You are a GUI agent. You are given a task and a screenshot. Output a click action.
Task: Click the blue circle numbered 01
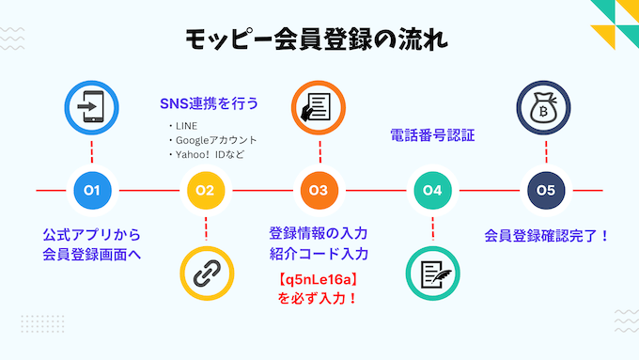click(x=92, y=191)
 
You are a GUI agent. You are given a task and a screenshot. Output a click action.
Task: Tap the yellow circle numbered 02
click(x=205, y=191)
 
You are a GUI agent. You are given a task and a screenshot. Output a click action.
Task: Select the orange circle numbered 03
click(x=319, y=191)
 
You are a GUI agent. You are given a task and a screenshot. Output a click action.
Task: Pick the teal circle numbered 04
click(x=432, y=191)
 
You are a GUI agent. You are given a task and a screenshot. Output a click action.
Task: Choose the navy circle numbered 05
click(x=546, y=191)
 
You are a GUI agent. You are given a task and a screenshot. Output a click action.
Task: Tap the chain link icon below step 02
click(x=205, y=274)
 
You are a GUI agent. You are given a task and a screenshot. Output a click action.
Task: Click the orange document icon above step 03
click(x=319, y=108)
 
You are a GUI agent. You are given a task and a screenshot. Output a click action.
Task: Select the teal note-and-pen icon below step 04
click(x=432, y=274)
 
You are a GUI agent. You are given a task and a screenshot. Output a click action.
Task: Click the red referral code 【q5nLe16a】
click(x=318, y=279)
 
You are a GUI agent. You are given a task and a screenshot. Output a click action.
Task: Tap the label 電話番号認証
click(x=432, y=135)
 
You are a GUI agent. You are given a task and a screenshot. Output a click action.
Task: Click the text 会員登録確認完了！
click(x=546, y=235)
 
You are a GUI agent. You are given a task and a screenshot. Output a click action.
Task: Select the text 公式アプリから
click(x=92, y=234)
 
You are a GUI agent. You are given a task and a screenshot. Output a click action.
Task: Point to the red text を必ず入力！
click(x=318, y=299)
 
